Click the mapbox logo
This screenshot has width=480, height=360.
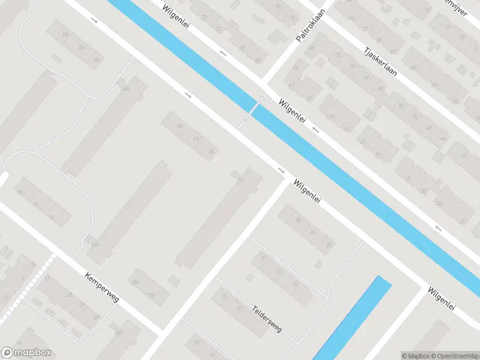coord(26,353)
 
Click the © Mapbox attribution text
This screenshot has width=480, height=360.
coord(415,355)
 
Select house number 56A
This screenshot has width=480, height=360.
coord(125,89)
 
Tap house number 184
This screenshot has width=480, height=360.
coord(94,244)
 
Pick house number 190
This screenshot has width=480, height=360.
coord(151,295)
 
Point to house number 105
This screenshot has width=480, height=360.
coord(119,332)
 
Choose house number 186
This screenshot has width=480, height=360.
coord(135,282)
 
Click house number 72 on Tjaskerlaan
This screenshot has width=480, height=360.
coord(339,55)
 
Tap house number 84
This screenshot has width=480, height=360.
coord(81,46)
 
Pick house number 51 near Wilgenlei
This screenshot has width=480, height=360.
coord(347,128)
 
